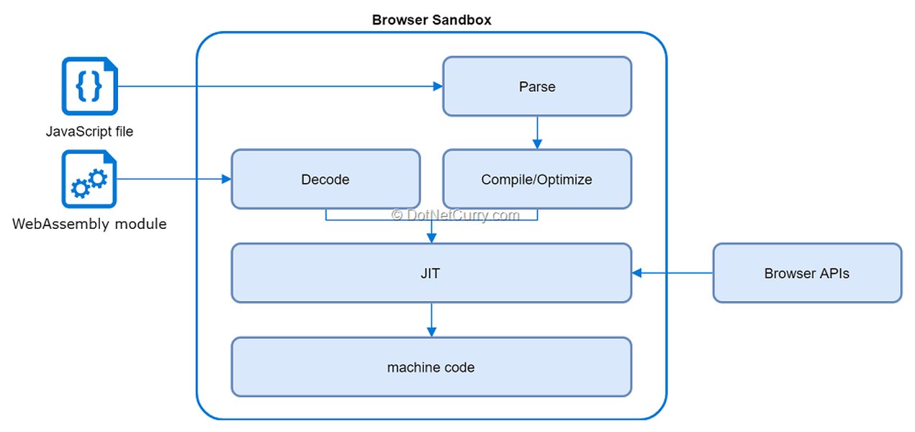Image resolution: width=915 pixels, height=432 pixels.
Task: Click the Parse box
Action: (536, 86)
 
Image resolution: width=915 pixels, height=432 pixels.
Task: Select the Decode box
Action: (325, 179)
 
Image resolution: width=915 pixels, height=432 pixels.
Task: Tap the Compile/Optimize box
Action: (536, 179)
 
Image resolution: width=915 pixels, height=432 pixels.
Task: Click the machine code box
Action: (431, 367)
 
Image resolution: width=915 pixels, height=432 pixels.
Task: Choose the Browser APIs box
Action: (806, 273)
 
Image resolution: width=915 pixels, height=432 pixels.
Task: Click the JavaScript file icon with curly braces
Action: (89, 86)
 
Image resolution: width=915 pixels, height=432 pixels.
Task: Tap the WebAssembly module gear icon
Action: (89, 179)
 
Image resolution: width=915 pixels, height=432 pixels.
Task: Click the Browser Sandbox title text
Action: (431, 20)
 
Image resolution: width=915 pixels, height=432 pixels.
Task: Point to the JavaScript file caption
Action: (89, 132)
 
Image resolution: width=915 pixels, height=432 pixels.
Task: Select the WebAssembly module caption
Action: (89, 224)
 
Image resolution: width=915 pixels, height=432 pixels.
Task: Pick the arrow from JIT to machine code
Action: (431, 319)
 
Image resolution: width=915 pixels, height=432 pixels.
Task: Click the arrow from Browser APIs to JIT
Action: (672, 273)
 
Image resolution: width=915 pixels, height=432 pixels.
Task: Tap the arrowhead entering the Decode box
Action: (225, 179)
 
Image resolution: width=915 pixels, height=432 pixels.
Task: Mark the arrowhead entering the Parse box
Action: (437, 86)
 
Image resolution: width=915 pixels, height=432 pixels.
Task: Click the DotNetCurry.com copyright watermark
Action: (455, 215)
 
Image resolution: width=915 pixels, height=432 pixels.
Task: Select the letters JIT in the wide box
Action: (431, 274)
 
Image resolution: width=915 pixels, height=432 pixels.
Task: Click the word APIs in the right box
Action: (834, 274)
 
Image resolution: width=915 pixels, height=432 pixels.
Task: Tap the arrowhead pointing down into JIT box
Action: (431, 238)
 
